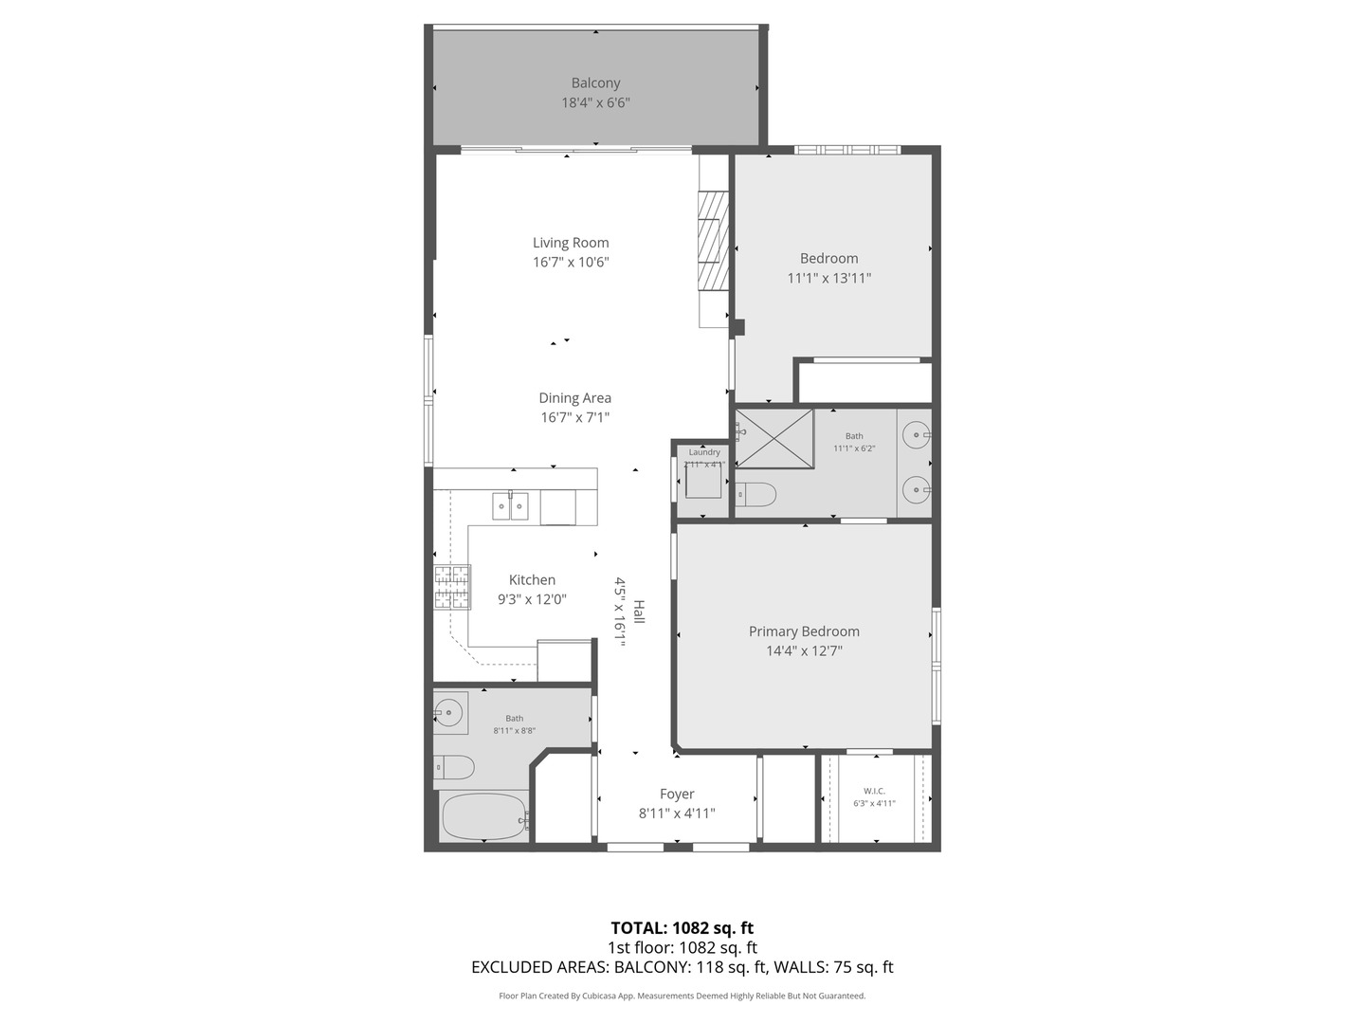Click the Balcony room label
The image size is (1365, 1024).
pyautogui.click(x=595, y=83)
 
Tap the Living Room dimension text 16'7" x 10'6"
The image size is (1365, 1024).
pyautogui.click(x=571, y=263)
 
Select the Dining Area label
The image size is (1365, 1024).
pyautogui.click(x=574, y=398)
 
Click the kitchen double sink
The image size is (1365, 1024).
pyautogui.click(x=510, y=506)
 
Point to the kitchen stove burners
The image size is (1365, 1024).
pyautogui.click(x=452, y=587)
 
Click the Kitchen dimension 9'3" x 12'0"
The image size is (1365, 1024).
pyautogui.click(x=532, y=599)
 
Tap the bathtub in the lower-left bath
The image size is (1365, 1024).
pyautogui.click(x=483, y=816)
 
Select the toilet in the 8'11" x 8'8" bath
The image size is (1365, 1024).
pyautogui.click(x=454, y=766)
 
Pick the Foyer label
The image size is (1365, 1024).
pyautogui.click(x=677, y=795)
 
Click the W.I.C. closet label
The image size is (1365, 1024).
pyautogui.click(x=874, y=791)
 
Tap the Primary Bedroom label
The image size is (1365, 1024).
pyautogui.click(x=804, y=631)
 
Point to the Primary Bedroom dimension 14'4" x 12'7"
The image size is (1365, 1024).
pyautogui.click(x=804, y=651)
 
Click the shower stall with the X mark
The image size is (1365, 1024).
pyautogui.click(x=774, y=438)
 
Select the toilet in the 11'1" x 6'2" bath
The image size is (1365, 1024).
pyautogui.click(x=756, y=494)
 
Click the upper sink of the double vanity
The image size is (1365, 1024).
pyautogui.click(x=916, y=435)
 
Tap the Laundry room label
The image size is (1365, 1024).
pyautogui.click(x=704, y=452)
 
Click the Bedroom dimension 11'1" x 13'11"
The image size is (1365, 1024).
pyautogui.click(x=828, y=279)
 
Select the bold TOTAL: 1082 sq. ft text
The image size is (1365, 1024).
pyautogui.click(x=682, y=928)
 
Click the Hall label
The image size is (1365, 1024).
pyautogui.click(x=639, y=612)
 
